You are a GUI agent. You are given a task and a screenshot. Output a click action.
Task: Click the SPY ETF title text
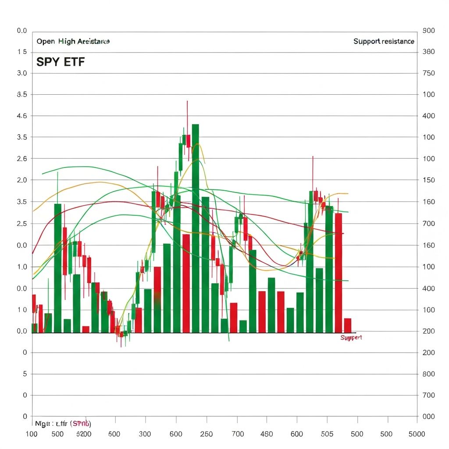(60, 62)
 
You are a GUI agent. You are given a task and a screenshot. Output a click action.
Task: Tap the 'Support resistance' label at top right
(384, 41)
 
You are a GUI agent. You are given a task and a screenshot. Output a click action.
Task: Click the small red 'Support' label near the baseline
(351, 338)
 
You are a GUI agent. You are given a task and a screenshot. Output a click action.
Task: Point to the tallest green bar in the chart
(196, 228)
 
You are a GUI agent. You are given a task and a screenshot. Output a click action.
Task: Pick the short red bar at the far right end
(348, 325)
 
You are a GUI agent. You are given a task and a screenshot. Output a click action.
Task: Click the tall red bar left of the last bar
(339, 272)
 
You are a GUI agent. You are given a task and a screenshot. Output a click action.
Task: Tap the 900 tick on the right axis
(428, 31)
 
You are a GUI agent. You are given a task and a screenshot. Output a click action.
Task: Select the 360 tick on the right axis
(428, 52)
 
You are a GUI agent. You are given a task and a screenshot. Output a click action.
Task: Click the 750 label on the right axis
(428, 73)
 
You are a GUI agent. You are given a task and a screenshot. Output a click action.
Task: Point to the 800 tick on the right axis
(428, 374)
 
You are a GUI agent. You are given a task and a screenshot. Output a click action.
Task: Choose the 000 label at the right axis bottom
(428, 417)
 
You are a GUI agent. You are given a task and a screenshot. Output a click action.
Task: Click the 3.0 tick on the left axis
(22, 73)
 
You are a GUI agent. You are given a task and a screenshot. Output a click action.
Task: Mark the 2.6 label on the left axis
(22, 159)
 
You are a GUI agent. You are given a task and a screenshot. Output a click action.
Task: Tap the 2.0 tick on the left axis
(22, 180)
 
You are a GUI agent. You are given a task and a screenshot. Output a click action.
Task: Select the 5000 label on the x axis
(416, 434)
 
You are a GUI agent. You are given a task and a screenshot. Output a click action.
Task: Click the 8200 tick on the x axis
(83, 434)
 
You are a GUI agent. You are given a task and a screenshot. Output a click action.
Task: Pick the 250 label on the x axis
(206, 434)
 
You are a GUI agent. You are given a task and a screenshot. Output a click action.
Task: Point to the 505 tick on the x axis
(327, 434)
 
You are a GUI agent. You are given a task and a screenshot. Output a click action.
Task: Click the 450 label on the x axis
(267, 434)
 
